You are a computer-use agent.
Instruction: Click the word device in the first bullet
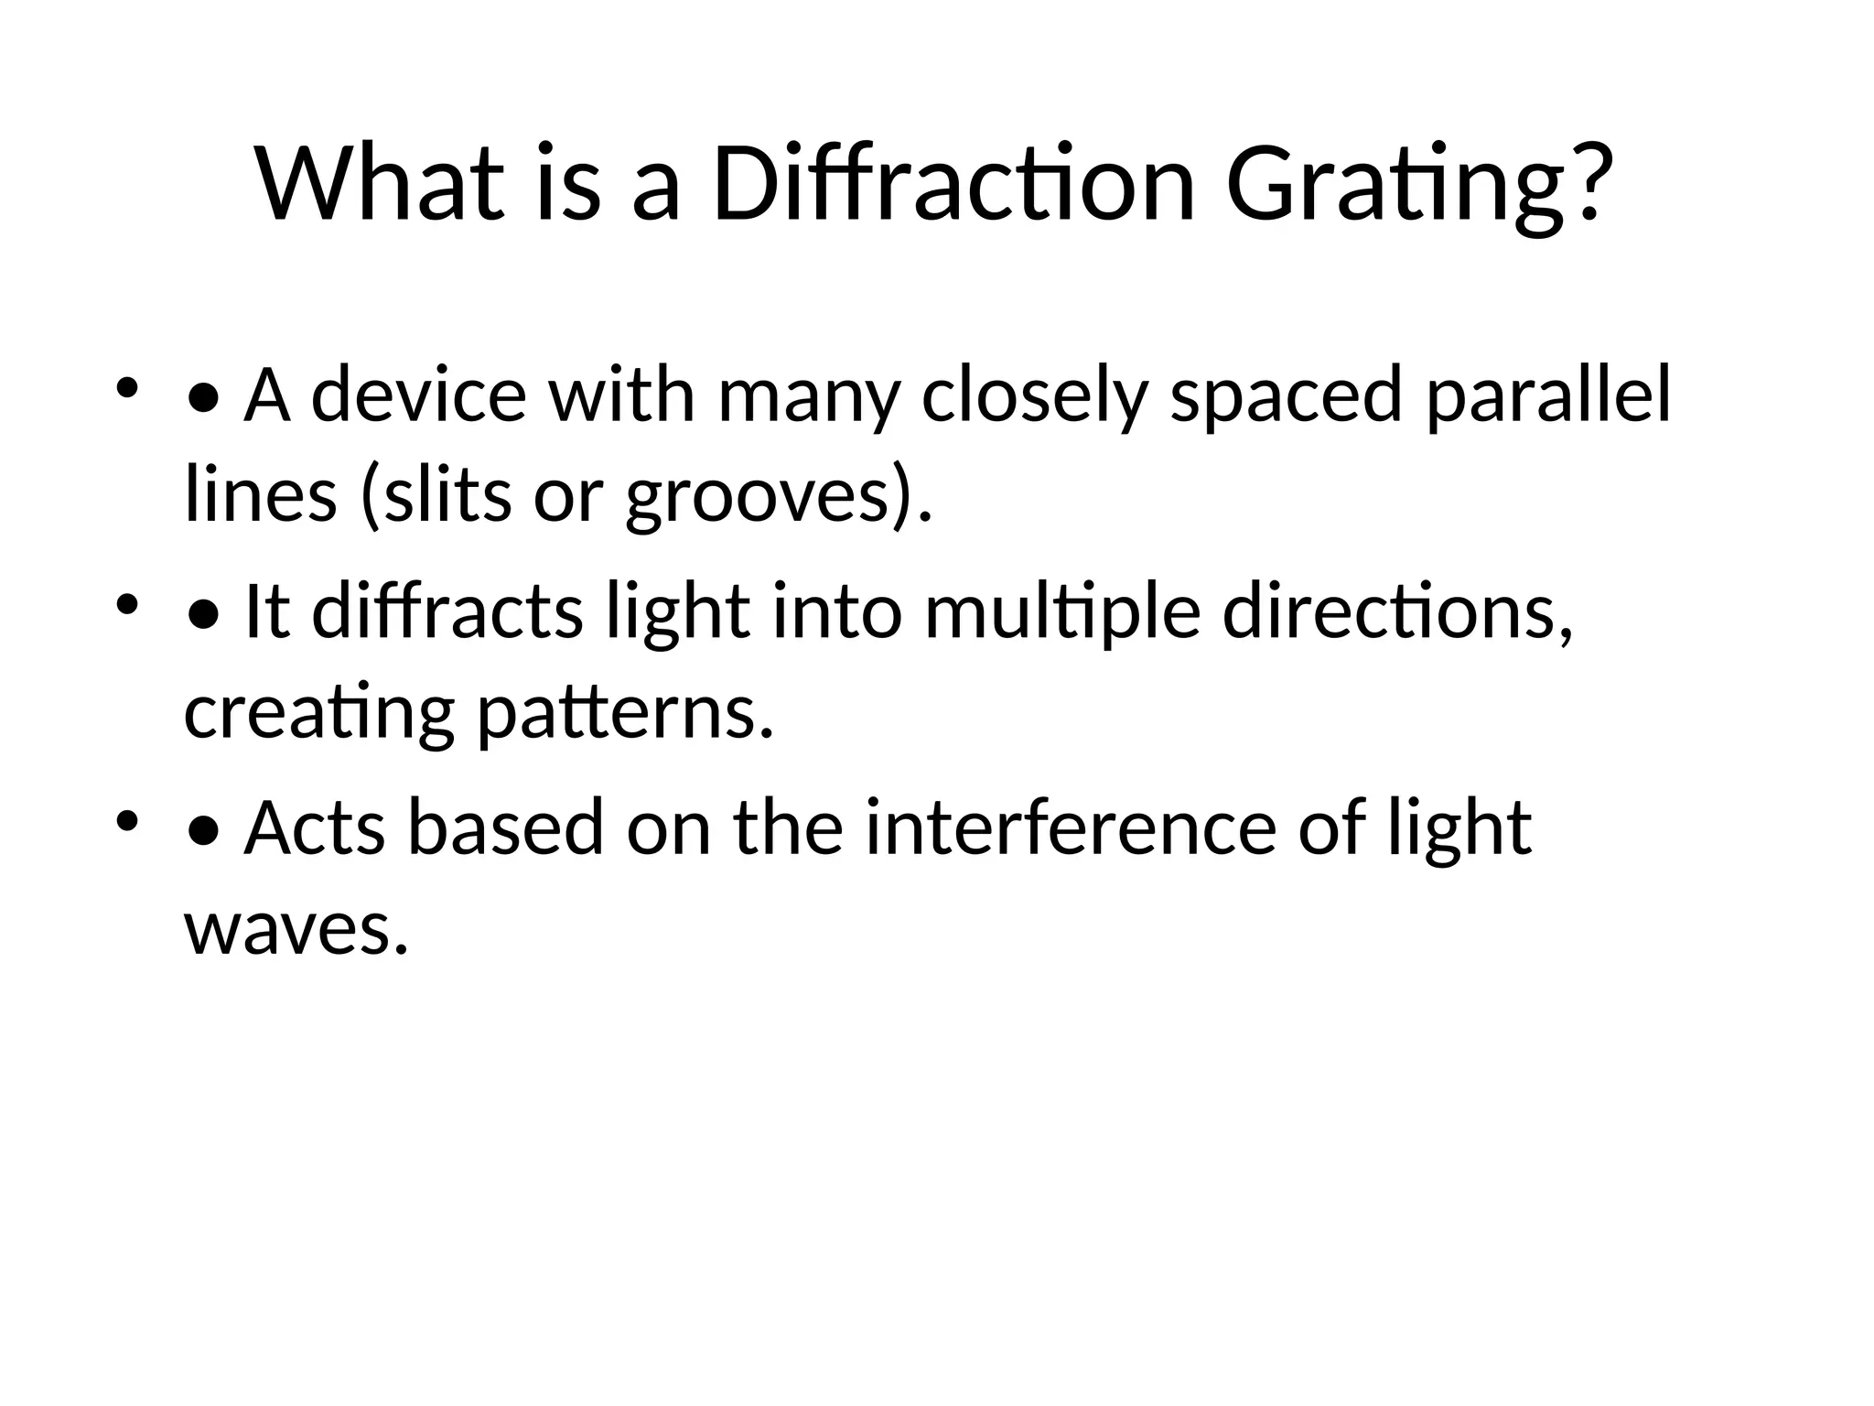pos(418,395)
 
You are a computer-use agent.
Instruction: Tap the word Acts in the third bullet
pos(313,827)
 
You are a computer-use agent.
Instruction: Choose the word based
pos(505,827)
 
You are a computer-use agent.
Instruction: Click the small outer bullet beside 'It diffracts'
pos(127,604)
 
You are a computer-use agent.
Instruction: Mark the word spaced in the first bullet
pos(1286,395)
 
